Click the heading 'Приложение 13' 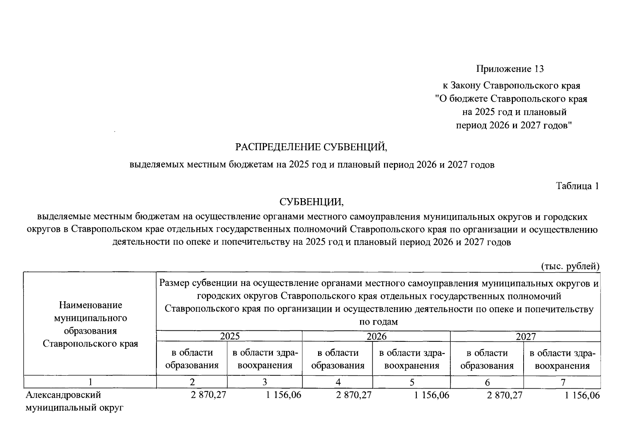click(x=510, y=69)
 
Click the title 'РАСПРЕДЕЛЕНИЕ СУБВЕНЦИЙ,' click(x=311, y=147)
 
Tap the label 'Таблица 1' click(x=577, y=186)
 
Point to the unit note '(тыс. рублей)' click(x=570, y=266)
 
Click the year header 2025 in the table click(x=229, y=336)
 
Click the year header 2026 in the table click(x=376, y=336)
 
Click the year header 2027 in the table click(x=525, y=336)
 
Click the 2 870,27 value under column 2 click(x=208, y=395)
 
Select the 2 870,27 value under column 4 click(x=354, y=395)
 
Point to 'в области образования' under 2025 click(x=192, y=359)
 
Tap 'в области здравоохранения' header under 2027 click(x=562, y=359)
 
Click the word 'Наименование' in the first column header click(x=90, y=305)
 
